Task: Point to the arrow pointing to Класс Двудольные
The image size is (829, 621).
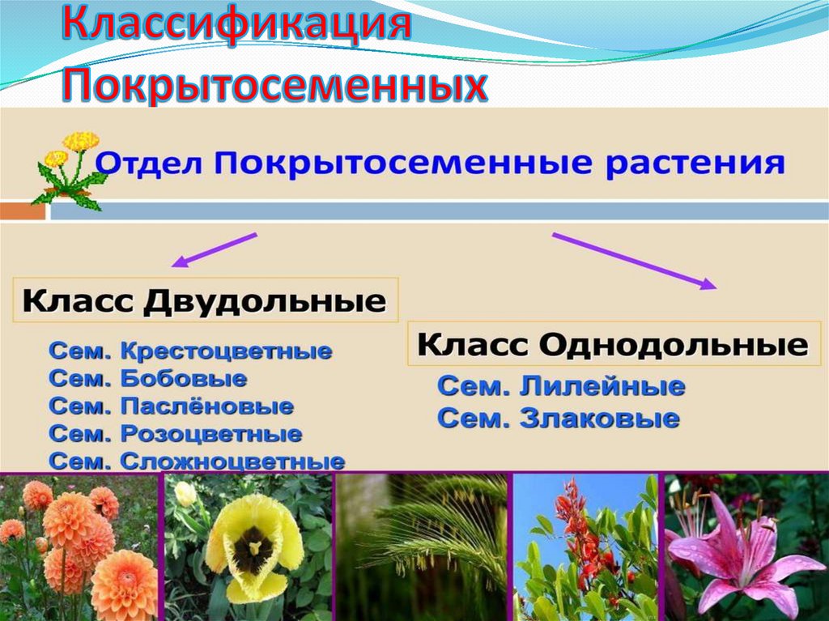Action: [214, 250]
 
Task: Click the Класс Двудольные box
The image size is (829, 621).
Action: [204, 302]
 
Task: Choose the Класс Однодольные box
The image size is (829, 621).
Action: [613, 346]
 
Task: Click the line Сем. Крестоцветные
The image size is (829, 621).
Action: [190, 352]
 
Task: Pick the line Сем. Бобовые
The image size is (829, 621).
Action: [148, 379]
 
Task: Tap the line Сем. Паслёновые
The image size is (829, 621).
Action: [171, 406]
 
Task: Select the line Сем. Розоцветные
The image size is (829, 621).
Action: [175, 434]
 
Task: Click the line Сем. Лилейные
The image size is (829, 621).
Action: [561, 387]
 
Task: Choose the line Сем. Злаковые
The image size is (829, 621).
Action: [558, 419]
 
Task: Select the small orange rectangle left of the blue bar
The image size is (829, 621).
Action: [23, 211]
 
